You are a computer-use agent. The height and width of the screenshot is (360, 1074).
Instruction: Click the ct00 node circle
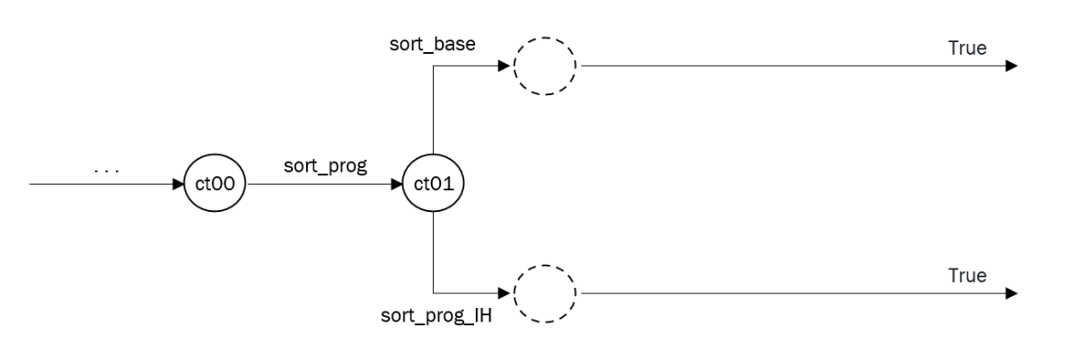pos(215,186)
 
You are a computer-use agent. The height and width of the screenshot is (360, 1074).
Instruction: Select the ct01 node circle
pos(434,186)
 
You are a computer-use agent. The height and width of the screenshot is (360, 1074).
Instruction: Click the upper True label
pos(967,47)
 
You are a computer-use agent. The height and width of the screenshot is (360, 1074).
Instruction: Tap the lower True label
pos(967,275)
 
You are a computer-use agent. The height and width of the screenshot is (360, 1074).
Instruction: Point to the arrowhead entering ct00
pos(178,186)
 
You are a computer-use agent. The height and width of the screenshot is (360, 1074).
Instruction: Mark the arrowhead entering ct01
pos(397,186)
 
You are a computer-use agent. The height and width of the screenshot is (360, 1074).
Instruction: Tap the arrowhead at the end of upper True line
pos(1011,66)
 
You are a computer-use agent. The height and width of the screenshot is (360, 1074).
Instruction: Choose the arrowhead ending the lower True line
pos(1011,293)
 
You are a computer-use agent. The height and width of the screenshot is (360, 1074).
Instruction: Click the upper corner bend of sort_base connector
pos(434,66)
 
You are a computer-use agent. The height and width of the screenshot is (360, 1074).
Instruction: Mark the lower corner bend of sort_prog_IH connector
pos(434,293)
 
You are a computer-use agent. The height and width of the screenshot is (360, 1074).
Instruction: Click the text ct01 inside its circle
pos(434,186)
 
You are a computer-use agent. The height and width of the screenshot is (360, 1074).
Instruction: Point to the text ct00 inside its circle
pos(215,186)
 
